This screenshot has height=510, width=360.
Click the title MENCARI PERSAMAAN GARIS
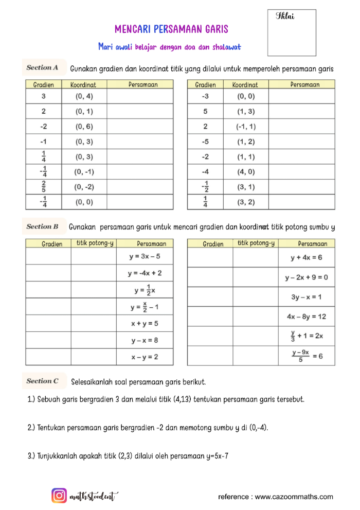171,29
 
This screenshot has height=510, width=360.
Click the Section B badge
42,226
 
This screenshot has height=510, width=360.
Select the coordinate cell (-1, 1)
246,127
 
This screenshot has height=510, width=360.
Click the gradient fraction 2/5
44,186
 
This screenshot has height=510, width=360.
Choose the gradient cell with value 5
205,111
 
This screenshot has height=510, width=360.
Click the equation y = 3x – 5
145,256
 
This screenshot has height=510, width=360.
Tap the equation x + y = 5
145,324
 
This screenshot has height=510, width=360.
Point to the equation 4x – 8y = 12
307,316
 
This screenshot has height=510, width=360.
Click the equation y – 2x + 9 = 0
307,278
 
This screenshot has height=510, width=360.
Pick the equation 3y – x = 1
307,297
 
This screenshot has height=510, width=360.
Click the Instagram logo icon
59,496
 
